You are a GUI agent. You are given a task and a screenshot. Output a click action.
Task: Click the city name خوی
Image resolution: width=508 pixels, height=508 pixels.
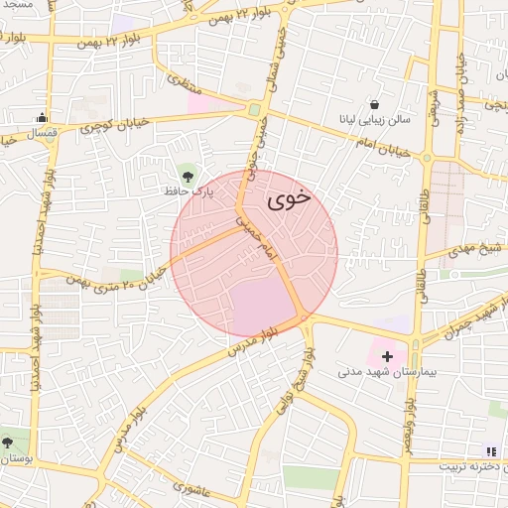[x=289, y=197]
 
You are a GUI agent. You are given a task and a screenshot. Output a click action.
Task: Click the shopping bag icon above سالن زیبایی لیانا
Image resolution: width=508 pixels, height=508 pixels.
[x=374, y=104]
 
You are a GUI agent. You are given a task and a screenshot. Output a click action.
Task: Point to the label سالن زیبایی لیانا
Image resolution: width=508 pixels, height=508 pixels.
[x=374, y=120]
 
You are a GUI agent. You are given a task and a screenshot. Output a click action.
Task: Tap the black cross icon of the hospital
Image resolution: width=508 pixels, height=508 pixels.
[x=387, y=355]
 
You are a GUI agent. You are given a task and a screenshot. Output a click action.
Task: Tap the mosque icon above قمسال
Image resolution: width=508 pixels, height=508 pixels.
[x=41, y=117]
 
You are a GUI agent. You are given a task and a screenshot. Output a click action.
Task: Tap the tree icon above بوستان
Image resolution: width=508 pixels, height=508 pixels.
[x=8, y=442]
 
